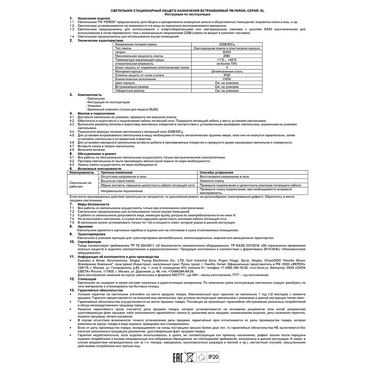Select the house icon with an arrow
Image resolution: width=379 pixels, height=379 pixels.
pyautogui.click(x=203, y=357)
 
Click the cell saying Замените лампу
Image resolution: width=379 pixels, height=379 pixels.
pyautogui.click(x=212, y=181)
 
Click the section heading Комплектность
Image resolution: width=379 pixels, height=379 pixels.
pyautogui.click(x=90, y=94)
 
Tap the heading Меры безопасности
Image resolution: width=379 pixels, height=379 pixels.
pyautogui.click(x=93, y=204)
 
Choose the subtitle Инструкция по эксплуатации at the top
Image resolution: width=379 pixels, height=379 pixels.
pyautogui.click(x=188, y=14)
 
